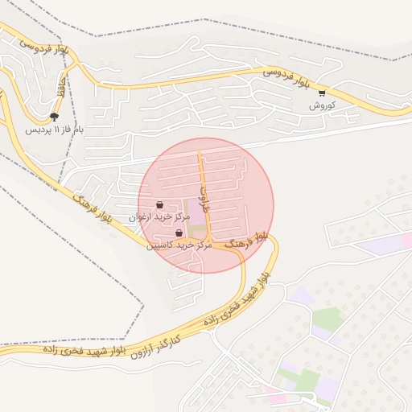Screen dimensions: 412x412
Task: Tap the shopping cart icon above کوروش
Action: [x=322, y=93]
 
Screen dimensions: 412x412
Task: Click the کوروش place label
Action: [x=322, y=105]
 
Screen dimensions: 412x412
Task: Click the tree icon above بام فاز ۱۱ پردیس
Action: [x=54, y=117]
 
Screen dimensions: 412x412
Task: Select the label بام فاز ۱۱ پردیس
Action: [x=54, y=129]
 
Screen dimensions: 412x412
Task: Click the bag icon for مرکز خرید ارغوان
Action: [x=159, y=205]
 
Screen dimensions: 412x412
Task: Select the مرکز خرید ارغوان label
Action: [x=159, y=217]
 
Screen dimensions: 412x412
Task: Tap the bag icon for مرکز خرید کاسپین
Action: [x=179, y=233]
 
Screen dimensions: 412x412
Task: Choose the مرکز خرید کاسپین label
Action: [x=179, y=245]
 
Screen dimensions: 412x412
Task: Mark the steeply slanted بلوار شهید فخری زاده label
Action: [x=237, y=299]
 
